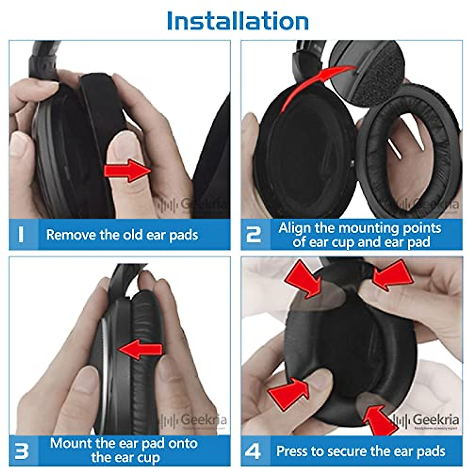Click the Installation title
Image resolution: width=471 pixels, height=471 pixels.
[x=237, y=21]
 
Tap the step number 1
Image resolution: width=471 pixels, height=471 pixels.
[x=21, y=235]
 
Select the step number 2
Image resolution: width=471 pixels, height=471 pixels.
[x=254, y=235]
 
